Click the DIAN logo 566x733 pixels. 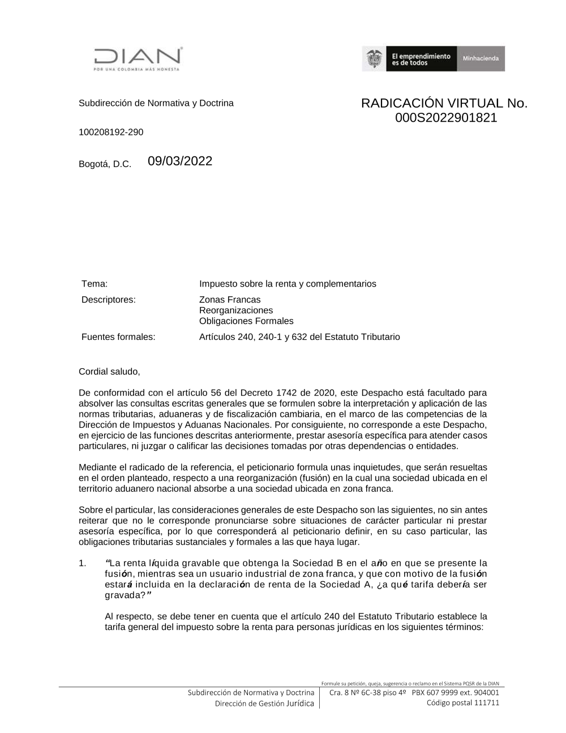138,58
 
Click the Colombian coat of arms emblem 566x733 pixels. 374,59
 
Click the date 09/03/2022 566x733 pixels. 180,161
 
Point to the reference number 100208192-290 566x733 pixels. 111,132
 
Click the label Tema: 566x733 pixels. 95,284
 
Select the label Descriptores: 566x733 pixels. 109,300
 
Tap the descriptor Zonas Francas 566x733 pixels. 230,300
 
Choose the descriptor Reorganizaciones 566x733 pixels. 236,310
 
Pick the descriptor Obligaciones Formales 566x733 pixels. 246,321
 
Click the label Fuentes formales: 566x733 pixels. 118,337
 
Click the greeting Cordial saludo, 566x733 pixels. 109,372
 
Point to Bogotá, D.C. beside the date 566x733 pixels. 105,164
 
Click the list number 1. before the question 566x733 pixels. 83,563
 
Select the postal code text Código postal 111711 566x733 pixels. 462,703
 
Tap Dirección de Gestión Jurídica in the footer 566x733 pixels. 264,704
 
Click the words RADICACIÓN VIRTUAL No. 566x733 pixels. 444,103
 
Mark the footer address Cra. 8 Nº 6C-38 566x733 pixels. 355,692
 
